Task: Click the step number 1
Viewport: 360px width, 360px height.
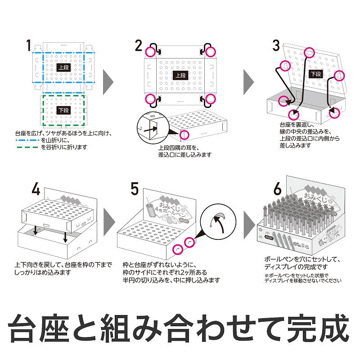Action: click(x=29, y=46)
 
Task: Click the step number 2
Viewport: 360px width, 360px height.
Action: click(x=139, y=45)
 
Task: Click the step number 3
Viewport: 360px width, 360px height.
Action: click(x=276, y=45)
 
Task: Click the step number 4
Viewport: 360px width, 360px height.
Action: click(x=36, y=189)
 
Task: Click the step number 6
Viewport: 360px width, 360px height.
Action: click(x=278, y=188)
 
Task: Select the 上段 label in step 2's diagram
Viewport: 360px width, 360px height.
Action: click(x=180, y=76)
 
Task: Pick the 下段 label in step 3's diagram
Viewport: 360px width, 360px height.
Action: click(x=316, y=74)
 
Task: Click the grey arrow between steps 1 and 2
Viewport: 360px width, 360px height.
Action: click(x=108, y=81)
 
